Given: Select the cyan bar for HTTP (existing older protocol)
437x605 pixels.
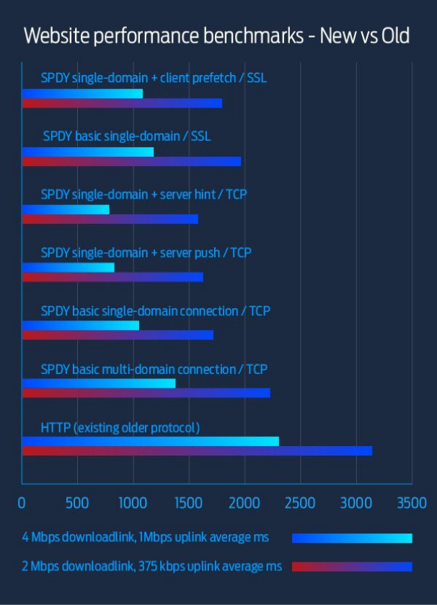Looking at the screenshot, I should click(x=150, y=441).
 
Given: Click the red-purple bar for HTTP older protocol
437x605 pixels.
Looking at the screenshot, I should click(x=197, y=451).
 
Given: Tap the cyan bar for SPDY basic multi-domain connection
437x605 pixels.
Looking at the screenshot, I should click(x=98, y=383).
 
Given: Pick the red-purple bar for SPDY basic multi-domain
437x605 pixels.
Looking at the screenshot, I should click(x=146, y=393).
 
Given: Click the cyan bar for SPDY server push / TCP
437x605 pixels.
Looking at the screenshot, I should click(x=68, y=268).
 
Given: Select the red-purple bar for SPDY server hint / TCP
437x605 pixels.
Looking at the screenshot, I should click(x=110, y=219).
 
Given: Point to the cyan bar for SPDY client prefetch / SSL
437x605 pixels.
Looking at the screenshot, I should click(x=82, y=93).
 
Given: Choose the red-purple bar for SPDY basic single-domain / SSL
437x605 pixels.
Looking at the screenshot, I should click(x=131, y=162).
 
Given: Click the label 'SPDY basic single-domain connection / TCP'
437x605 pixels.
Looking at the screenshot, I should click(x=156, y=311).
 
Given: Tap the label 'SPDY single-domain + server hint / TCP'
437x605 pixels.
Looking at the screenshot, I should click(x=144, y=194).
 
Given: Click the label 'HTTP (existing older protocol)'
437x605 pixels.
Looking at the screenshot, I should click(x=120, y=427).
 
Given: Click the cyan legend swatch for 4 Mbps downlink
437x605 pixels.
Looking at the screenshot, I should click(x=352, y=538).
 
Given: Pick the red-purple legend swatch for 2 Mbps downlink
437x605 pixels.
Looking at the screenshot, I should click(x=352, y=567).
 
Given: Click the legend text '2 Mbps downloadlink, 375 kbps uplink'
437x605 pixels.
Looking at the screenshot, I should click(x=151, y=567).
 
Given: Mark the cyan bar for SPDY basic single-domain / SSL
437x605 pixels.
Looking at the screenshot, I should click(x=87, y=152).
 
